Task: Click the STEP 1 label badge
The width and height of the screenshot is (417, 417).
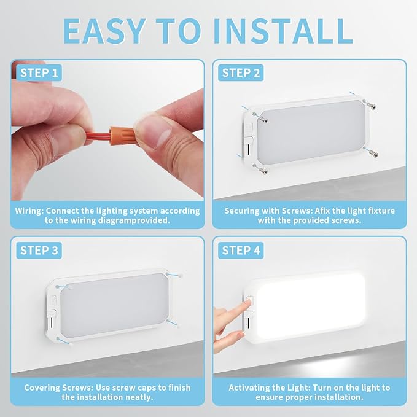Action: [39, 72]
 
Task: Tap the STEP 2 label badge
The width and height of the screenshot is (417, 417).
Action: [241, 72]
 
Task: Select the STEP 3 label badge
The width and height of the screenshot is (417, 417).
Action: [39, 250]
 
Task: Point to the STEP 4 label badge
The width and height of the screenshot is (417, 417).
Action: [241, 250]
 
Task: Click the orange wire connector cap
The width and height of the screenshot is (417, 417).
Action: [122, 136]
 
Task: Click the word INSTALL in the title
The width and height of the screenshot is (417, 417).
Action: [283, 31]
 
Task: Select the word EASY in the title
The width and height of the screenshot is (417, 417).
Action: [104, 31]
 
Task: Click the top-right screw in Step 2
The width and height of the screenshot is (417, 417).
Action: [370, 105]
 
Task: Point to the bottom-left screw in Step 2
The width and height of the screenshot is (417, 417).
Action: [260, 169]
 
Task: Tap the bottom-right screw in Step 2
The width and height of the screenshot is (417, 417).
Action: [372, 152]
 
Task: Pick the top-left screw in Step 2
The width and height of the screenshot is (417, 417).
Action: [260, 117]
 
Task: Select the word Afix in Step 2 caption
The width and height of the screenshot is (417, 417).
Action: [322, 211]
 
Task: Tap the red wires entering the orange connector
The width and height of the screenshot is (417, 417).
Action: [98, 136]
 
